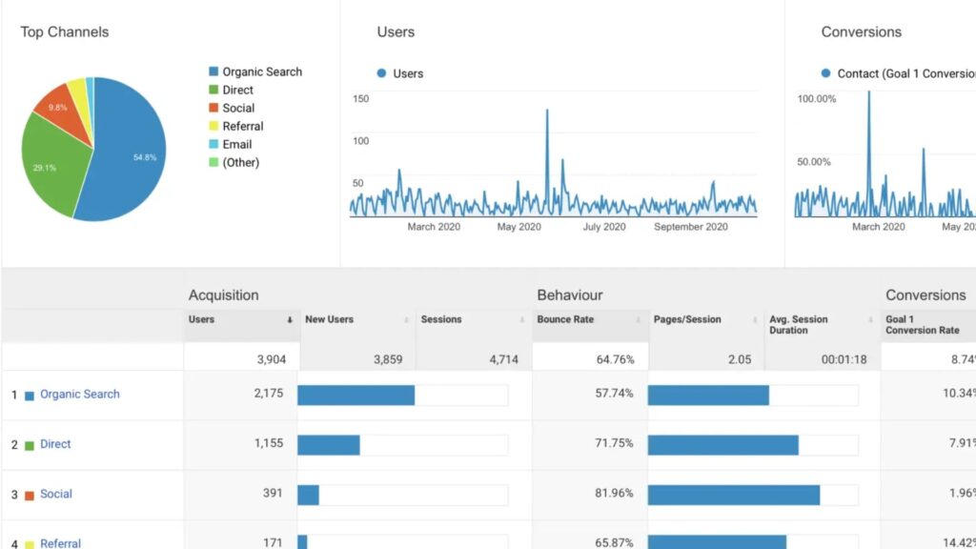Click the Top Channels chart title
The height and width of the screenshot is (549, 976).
(x=65, y=32)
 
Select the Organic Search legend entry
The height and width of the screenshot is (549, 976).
(x=261, y=71)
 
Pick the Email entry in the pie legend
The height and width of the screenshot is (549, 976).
(x=236, y=144)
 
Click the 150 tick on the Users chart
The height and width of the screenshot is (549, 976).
(x=360, y=98)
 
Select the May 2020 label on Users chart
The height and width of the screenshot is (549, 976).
(x=519, y=227)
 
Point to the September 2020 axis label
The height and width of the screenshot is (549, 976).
(x=690, y=227)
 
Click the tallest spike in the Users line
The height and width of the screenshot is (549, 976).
(x=547, y=111)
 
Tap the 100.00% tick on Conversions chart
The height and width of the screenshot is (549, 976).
(x=816, y=98)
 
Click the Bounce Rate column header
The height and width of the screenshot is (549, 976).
(x=565, y=319)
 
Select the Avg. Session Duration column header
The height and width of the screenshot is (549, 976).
(x=799, y=325)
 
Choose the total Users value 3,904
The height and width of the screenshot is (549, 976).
(x=266, y=359)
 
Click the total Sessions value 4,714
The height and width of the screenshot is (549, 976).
(x=498, y=359)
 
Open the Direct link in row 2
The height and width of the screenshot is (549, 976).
(x=55, y=444)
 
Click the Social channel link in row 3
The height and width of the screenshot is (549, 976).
(x=56, y=494)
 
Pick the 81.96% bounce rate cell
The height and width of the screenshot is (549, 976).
(x=614, y=494)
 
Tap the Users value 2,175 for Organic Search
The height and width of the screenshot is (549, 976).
(x=268, y=394)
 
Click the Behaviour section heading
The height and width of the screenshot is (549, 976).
(x=570, y=295)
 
